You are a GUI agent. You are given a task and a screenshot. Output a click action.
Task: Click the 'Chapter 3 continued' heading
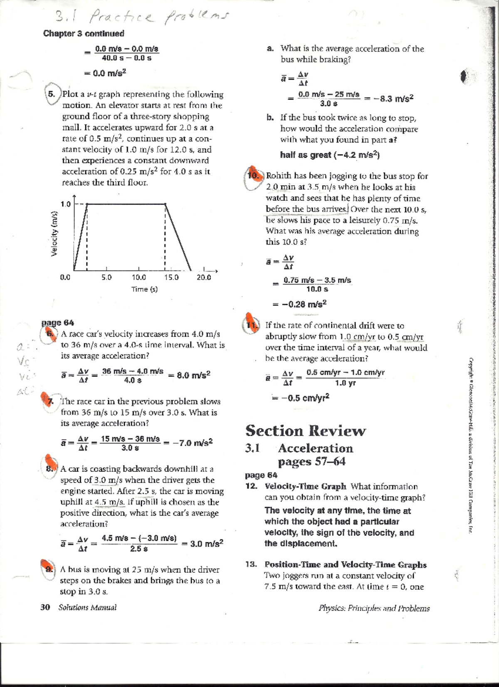pyautogui.click(x=84, y=34)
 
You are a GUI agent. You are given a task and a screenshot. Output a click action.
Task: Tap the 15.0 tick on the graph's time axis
pyautogui.click(x=171, y=278)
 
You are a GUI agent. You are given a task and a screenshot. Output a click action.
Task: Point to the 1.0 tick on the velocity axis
pyautogui.click(x=65, y=204)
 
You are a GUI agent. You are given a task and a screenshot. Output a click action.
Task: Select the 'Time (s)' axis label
pyautogui.click(x=144, y=289)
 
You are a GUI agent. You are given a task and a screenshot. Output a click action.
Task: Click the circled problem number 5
pyautogui.click(x=52, y=94)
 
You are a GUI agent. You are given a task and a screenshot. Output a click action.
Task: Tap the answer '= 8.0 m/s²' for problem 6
pyautogui.click(x=190, y=375)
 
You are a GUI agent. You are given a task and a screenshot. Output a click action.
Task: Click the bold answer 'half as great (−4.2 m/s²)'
pyautogui.click(x=330, y=155)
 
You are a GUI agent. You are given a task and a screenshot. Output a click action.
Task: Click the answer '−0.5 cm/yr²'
pyautogui.click(x=300, y=398)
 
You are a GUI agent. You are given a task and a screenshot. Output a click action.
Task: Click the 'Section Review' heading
pyautogui.click(x=305, y=431)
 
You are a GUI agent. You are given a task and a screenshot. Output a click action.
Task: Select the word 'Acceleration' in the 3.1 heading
pyautogui.click(x=315, y=448)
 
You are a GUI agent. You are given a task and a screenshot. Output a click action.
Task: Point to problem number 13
pyautogui.click(x=250, y=565)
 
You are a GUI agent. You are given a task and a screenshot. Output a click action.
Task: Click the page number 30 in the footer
pyautogui.click(x=45, y=607)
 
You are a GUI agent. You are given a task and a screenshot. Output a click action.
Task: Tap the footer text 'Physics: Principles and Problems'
pyautogui.click(x=374, y=608)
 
